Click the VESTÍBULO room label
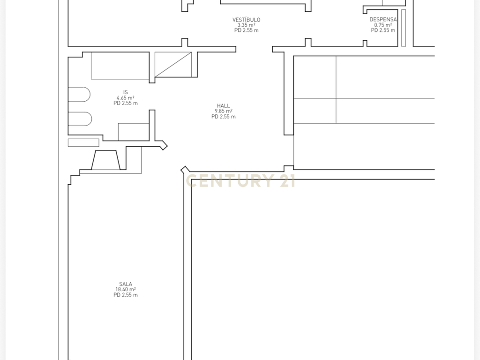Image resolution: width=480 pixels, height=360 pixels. coord(246,20)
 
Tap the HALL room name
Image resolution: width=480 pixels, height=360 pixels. coord(224,105)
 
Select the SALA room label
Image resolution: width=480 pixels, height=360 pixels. coord(126,284)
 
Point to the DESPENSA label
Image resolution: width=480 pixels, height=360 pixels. coord(383,19)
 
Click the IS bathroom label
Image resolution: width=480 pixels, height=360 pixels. coord(126,92)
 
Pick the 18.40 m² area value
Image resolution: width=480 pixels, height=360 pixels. coord(126,289)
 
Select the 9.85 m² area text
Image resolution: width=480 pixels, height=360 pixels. coord(224,111)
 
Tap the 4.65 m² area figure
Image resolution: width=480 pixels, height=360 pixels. coord(126,97)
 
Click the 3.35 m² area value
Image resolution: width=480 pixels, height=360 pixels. coord(247,25)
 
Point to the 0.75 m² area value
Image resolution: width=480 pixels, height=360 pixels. coord(383,25)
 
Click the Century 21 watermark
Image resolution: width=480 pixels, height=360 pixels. coord(240,180)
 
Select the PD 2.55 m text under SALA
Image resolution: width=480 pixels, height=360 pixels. coord(126,295)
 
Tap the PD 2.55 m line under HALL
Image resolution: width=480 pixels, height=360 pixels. coord(224,117)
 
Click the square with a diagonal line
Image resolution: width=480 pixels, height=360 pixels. coord(173,64)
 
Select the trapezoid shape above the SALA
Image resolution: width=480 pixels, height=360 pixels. coord(105,160)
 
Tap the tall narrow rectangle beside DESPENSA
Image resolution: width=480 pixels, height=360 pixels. coord(404,28)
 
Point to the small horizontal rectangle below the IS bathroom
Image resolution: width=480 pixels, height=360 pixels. coord(83,142)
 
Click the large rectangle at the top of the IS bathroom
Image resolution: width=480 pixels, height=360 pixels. coord(120,66)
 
